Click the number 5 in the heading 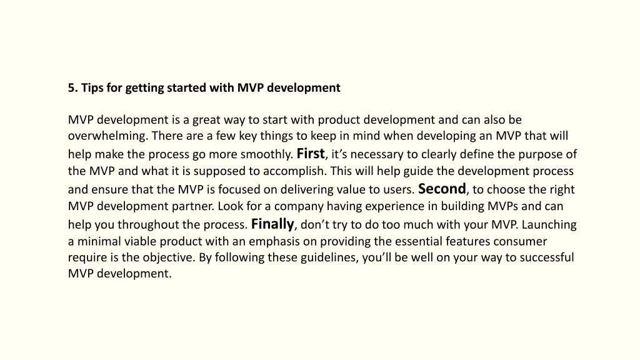[72, 87]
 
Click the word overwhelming [107, 136]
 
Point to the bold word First [311, 154]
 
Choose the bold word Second [442, 189]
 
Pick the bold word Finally [272, 224]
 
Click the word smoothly [267, 154]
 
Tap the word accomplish [295, 171]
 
